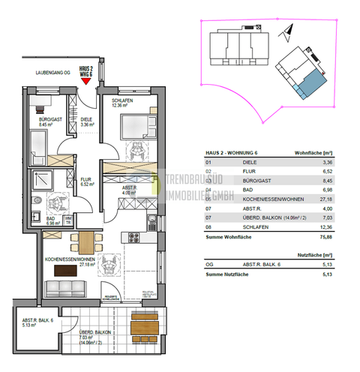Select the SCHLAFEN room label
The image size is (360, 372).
[x=123, y=100]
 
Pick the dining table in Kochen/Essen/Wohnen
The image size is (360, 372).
[x=86, y=241]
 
